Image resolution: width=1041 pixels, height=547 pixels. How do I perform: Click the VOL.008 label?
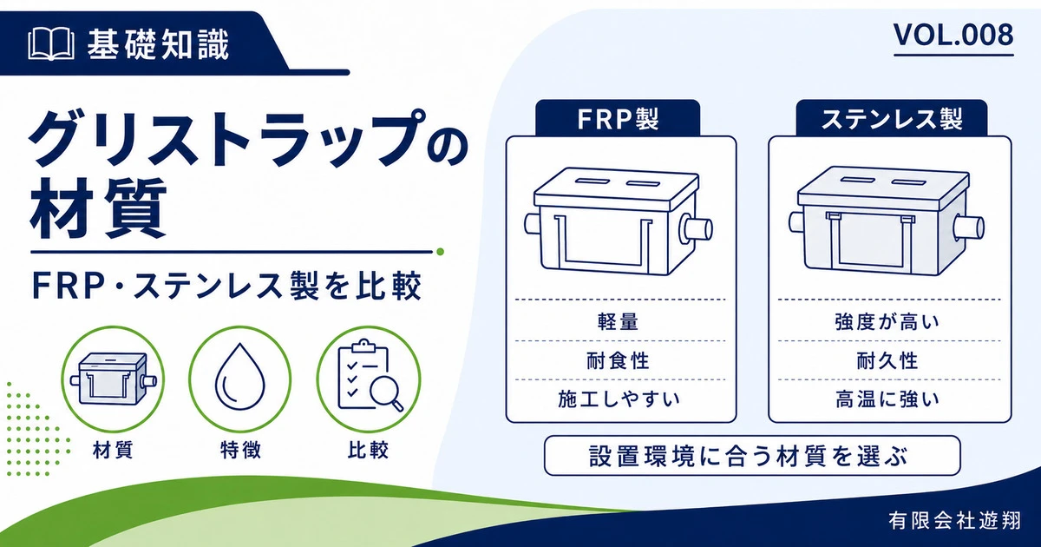[953, 36]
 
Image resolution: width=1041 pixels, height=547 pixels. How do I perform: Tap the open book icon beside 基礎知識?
[51, 44]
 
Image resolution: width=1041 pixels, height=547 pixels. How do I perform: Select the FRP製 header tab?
[618, 118]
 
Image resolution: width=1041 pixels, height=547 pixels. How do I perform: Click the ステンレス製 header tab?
[892, 118]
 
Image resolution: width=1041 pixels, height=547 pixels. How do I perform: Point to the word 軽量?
[618, 322]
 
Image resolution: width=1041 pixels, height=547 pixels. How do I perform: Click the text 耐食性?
[618, 360]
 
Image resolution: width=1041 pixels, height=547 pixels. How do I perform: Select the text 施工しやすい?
[619, 399]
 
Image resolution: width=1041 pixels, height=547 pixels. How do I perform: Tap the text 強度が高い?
[887, 322]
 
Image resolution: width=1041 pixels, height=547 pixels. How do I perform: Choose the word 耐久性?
[887, 360]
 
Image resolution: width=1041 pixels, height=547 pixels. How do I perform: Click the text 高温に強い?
[887, 399]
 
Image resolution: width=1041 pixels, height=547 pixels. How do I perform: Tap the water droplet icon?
[239, 377]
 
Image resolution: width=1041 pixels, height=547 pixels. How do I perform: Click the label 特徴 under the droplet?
[240, 450]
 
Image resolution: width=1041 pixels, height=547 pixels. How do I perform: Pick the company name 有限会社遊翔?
[954, 521]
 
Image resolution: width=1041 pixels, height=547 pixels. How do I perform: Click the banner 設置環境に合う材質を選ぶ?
[752, 456]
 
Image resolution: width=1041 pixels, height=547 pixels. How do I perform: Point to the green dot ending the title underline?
[440, 252]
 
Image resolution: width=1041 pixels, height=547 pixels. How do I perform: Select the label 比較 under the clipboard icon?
[368, 450]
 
